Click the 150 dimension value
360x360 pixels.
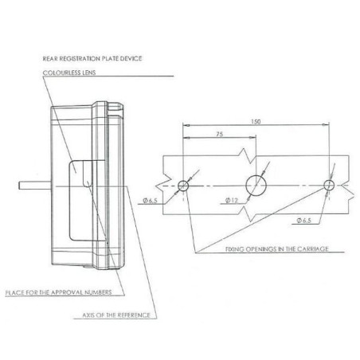click(256, 122)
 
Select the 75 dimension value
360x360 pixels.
click(219, 135)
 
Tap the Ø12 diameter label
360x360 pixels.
click(232, 201)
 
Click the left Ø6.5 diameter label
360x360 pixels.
click(151, 201)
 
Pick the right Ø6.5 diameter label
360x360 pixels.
click(304, 221)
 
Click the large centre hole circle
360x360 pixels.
click(256, 186)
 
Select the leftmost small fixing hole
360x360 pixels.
click(183, 186)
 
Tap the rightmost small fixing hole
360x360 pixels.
click(329, 185)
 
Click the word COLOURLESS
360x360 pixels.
click(61, 72)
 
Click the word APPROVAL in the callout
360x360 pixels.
click(67, 292)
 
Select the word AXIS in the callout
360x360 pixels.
click(88, 315)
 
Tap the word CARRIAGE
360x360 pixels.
click(313, 249)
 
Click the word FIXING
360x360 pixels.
click(235, 249)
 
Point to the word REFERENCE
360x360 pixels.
click(134, 315)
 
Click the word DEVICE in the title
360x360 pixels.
click(131, 58)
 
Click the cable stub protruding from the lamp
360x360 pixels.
click(35, 186)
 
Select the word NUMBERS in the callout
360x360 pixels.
click(98, 292)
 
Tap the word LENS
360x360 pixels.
click(89, 72)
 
